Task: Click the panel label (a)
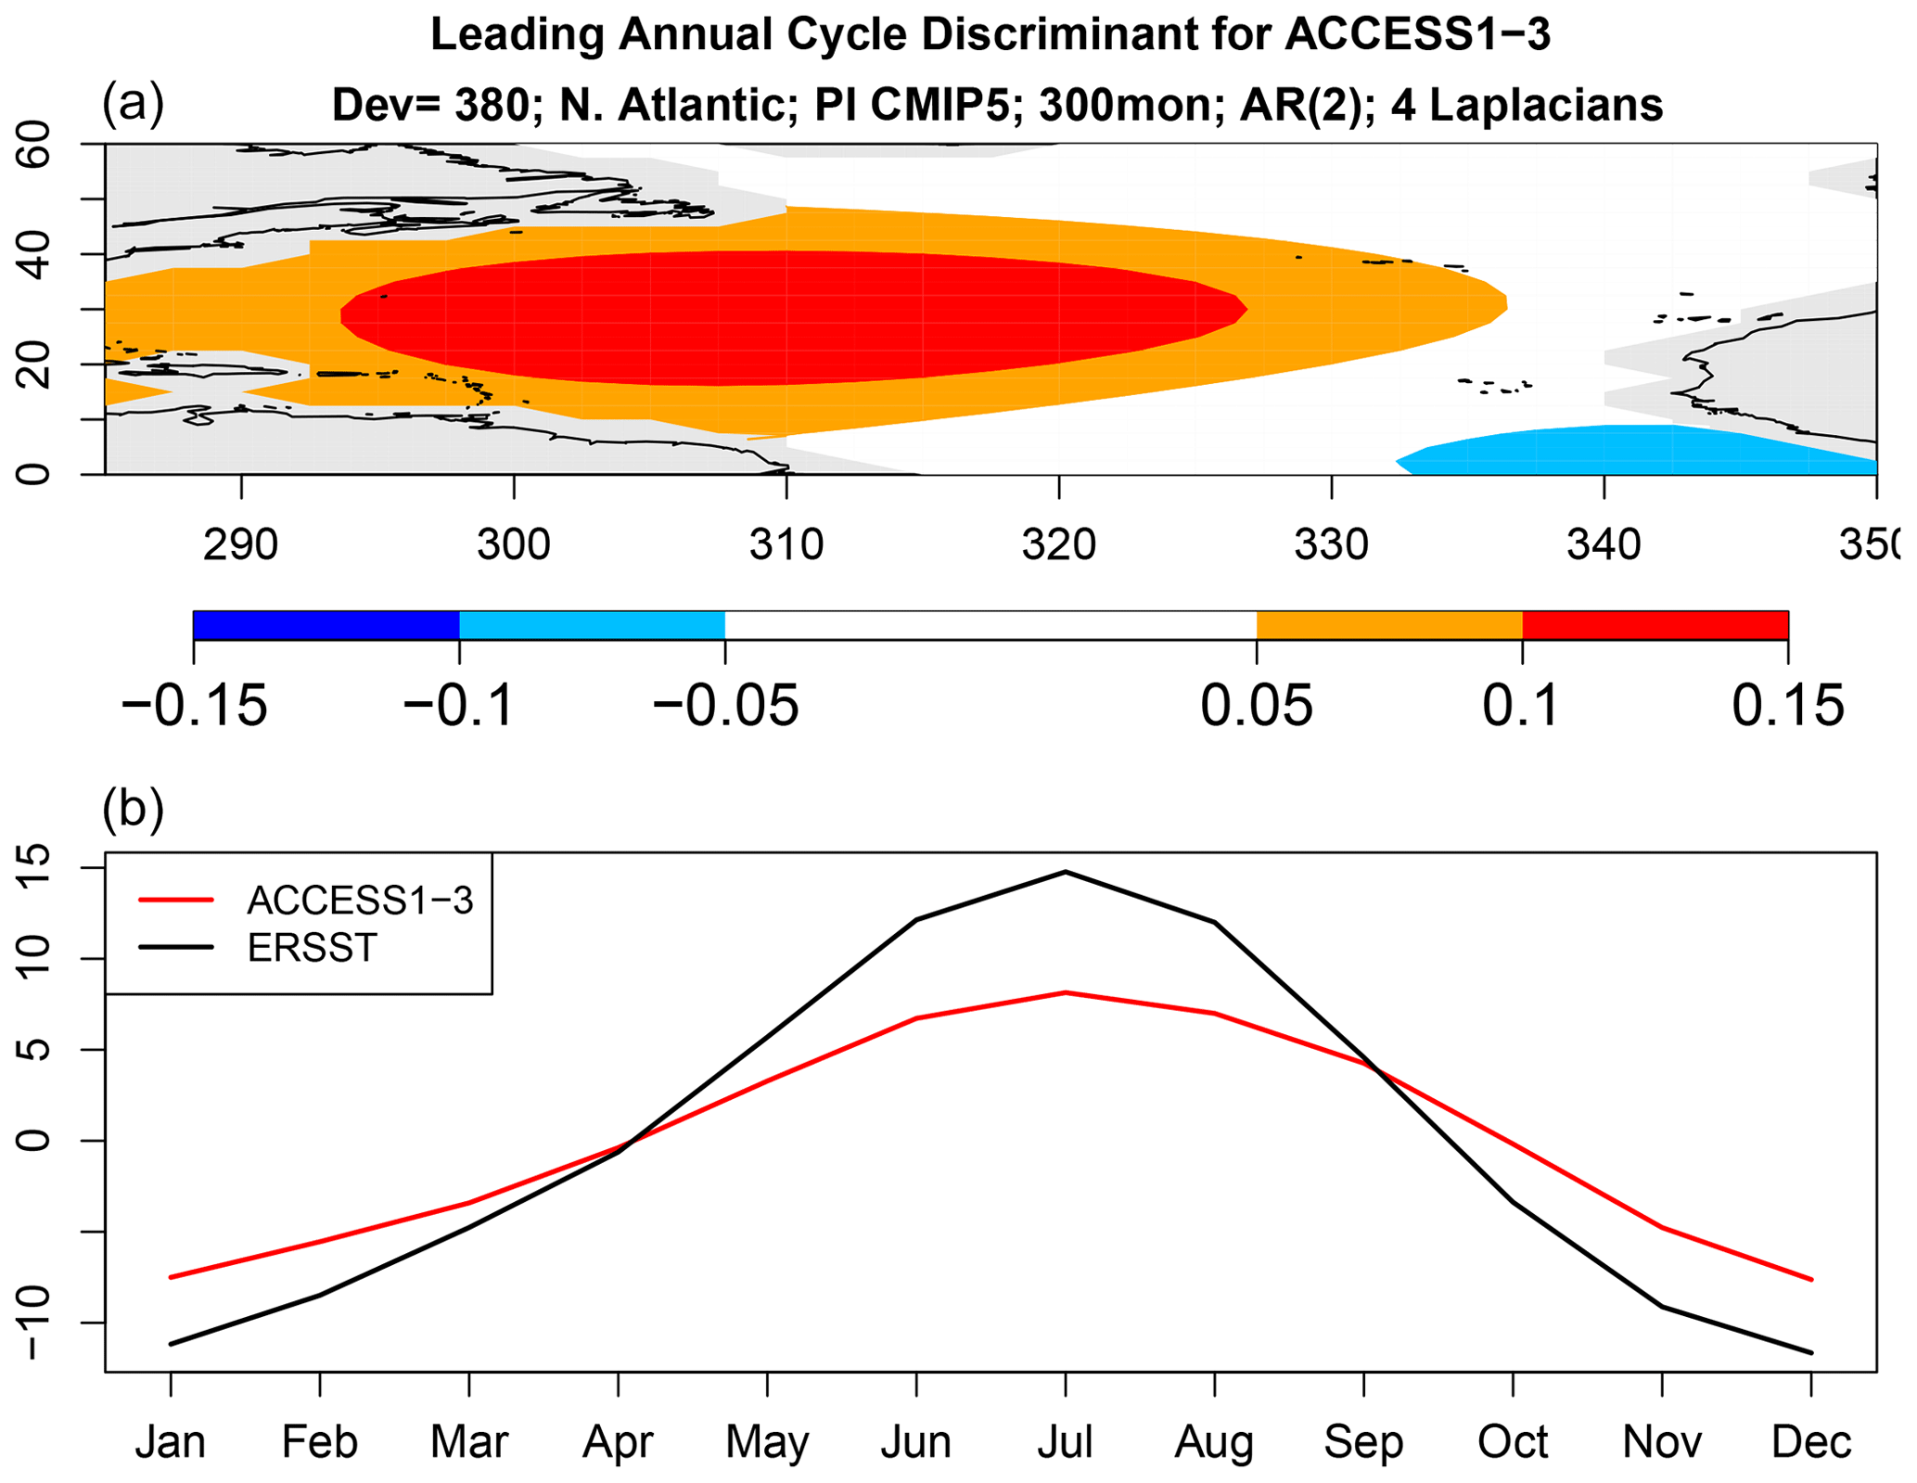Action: tap(133, 102)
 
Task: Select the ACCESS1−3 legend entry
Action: tap(360, 901)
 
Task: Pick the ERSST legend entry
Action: tap(312, 948)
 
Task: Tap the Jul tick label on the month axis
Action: tap(1065, 1441)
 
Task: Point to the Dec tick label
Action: tap(1810, 1441)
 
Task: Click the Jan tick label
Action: tap(171, 1441)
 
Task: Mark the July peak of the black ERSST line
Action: tap(1066, 872)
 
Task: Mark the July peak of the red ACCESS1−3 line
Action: tap(1066, 992)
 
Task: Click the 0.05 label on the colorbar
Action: tap(1256, 706)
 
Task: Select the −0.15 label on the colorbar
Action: tap(194, 706)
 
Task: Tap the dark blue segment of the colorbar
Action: tap(326, 625)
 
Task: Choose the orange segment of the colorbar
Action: tap(1388, 625)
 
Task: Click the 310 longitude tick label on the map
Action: tap(786, 544)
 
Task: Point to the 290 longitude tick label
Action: tap(241, 544)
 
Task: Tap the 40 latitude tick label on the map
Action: tap(35, 254)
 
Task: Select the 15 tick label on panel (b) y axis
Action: tap(35, 867)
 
